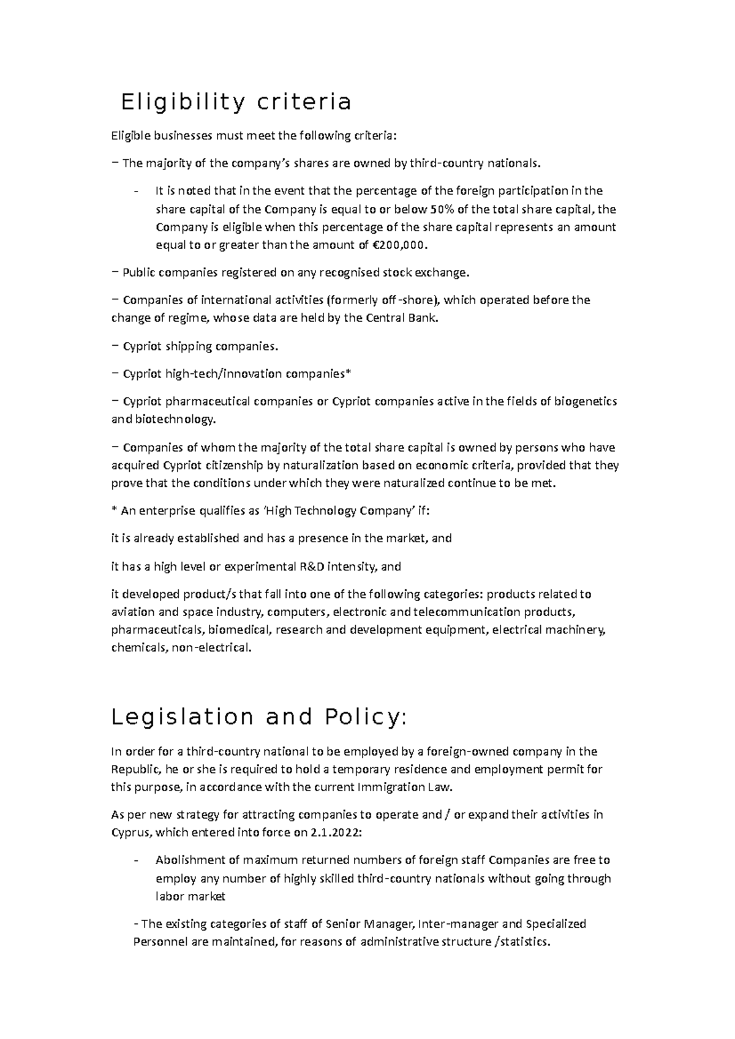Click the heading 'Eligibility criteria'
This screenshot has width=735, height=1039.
pyautogui.click(x=236, y=102)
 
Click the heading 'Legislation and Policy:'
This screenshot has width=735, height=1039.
pyautogui.click(x=258, y=716)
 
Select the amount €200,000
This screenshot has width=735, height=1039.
pyautogui.click(x=398, y=245)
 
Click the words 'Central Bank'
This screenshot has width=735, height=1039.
pyautogui.click(x=401, y=318)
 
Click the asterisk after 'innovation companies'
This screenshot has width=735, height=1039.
pyautogui.click(x=349, y=373)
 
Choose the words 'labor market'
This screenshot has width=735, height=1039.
pyautogui.click(x=190, y=896)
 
